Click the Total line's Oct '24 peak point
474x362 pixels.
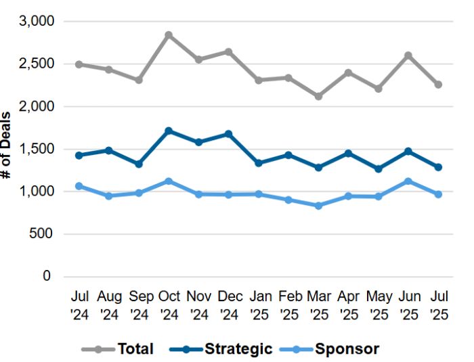pyautogui.click(x=169, y=35)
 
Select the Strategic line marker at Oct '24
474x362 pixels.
pyautogui.click(x=169, y=131)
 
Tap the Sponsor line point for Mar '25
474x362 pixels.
pyautogui.click(x=318, y=205)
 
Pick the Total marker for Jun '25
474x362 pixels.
pyautogui.click(x=408, y=55)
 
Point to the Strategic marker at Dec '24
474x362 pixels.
pyautogui.click(x=229, y=134)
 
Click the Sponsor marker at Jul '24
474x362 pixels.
pyautogui.click(x=79, y=185)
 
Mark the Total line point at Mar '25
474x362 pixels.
pyautogui.click(x=318, y=96)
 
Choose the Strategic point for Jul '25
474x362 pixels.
pyautogui.click(x=438, y=167)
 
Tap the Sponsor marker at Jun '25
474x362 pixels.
pyautogui.click(x=408, y=181)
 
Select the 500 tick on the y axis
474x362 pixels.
pyautogui.click(x=42, y=234)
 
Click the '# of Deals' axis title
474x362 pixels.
pyautogui.click(x=7, y=145)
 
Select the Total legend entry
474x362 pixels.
pyautogui.click(x=118, y=349)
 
